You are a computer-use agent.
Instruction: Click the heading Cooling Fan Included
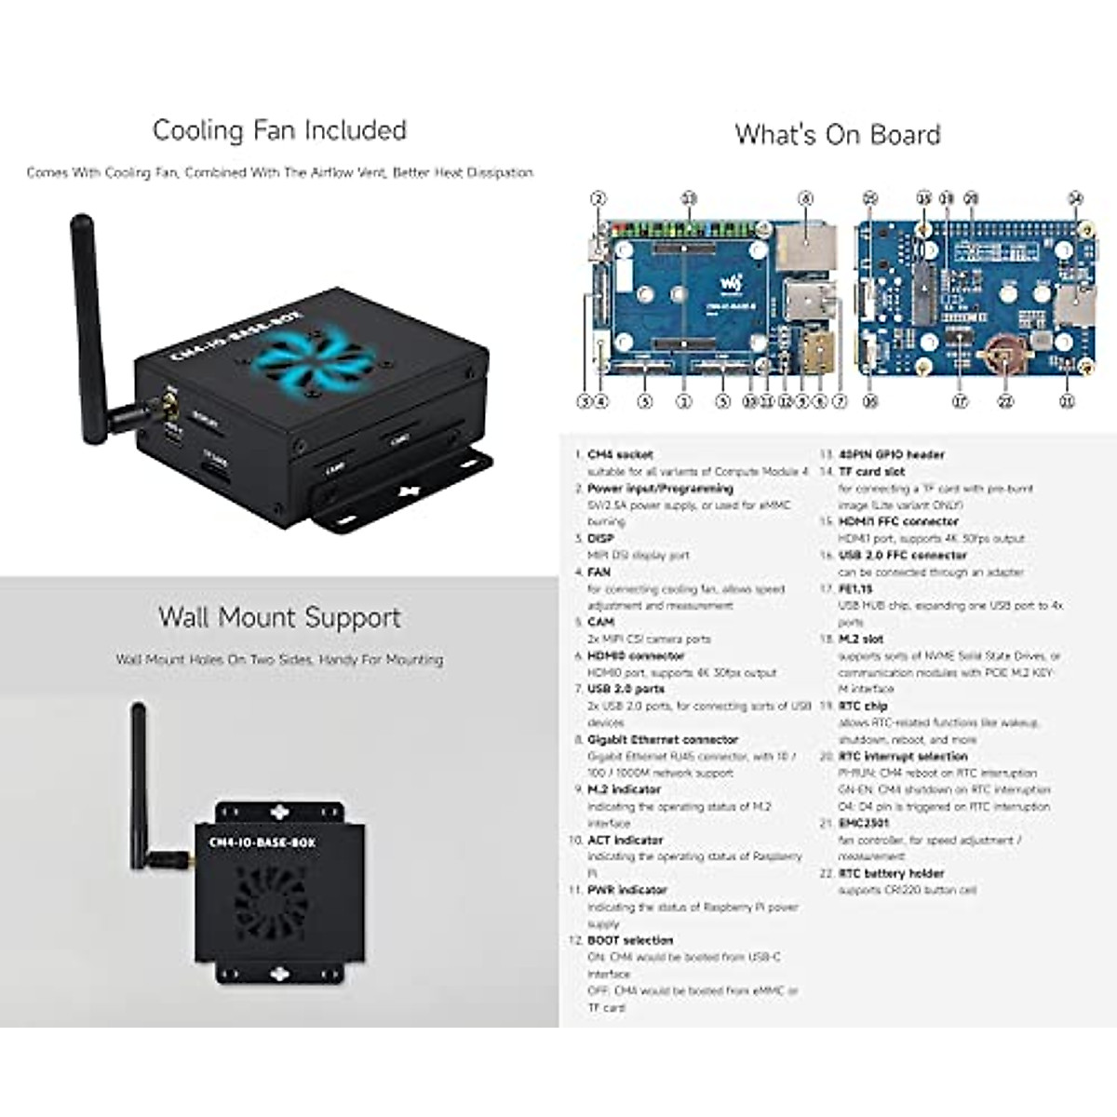(x=279, y=130)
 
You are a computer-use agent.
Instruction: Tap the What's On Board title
(x=838, y=135)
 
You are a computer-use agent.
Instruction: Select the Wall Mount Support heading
(x=279, y=617)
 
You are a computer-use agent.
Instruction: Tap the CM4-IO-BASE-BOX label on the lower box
(x=262, y=842)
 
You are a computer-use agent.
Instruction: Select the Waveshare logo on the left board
(x=734, y=280)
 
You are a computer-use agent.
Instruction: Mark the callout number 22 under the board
(x=1004, y=402)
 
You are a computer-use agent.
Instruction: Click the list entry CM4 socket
(x=620, y=455)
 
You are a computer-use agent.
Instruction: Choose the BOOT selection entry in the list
(x=630, y=940)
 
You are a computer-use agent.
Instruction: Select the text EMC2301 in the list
(x=864, y=823)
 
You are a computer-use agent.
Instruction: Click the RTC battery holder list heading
(x=891, y=873)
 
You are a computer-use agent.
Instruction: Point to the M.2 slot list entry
(x=861, y=639)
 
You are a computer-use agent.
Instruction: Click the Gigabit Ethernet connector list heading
(x=663, y=740)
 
